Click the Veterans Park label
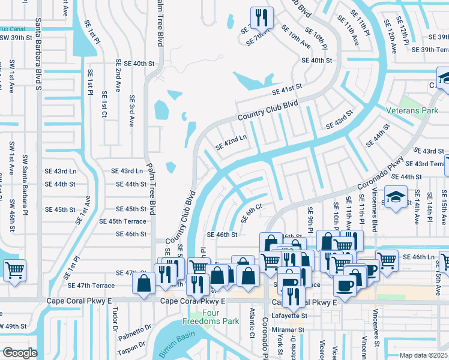tap(414, 111)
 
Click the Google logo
tap(19, 353)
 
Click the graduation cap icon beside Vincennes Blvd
tap(396, 198)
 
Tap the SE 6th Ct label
tap(252, 212)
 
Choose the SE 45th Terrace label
tap(122, 221)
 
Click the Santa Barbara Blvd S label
tap(38, 54)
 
